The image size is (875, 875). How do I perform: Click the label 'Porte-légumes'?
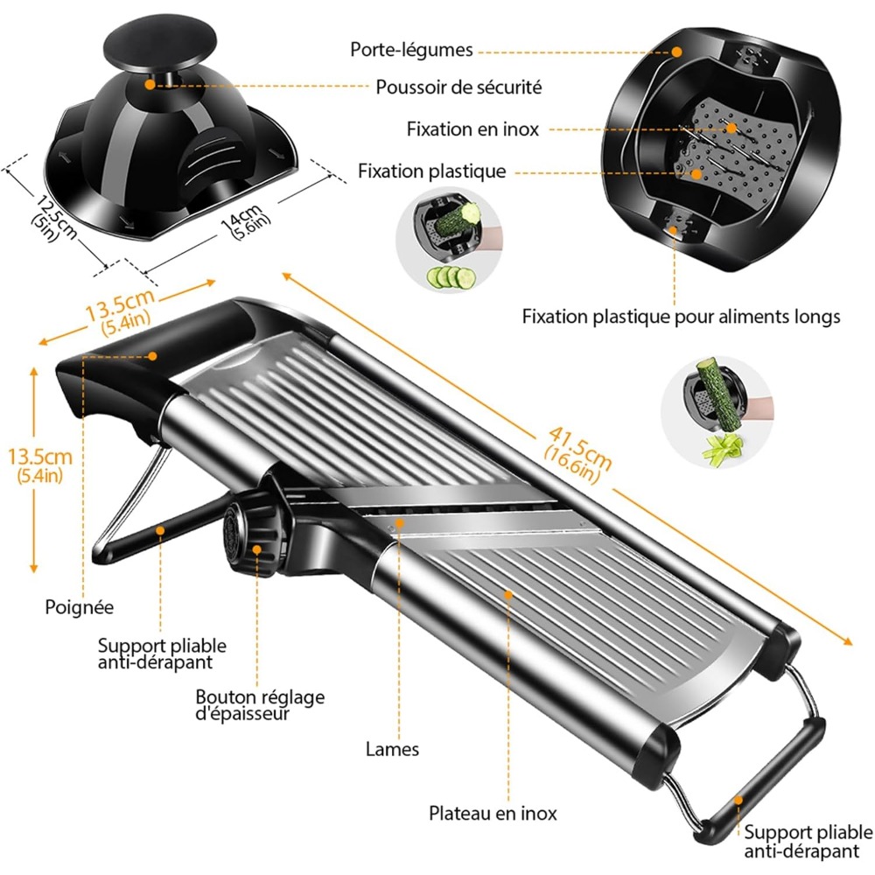click(411, 49)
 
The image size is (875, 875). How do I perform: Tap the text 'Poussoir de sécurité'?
click(458, 87)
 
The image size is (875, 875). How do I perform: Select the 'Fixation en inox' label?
click(472, 129)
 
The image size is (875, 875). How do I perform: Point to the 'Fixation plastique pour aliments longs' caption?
click(681, 316)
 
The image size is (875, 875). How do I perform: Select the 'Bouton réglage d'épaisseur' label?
click(260, 705)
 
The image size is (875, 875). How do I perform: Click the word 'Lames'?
click(392, 749)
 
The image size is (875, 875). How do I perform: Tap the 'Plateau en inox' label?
click(493, 814)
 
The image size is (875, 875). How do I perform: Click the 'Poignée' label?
click(80, 605)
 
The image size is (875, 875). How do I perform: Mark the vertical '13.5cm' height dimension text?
click(34, 465)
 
